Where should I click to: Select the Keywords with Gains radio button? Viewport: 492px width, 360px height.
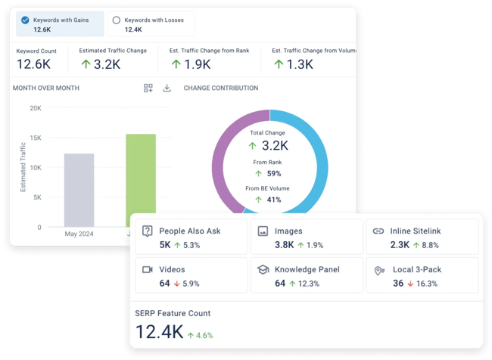(26, 20)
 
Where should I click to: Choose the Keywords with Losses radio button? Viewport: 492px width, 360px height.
(116, 20)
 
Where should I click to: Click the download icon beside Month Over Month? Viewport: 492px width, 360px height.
(167, 88)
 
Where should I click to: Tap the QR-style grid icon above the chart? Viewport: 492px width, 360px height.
(148, 88)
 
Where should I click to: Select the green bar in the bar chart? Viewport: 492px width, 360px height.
(141, 178)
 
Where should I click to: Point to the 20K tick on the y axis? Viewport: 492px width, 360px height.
(36, 108)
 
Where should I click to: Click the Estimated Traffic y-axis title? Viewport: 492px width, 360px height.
(23, 167)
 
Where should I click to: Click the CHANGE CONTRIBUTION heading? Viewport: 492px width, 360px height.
(221, 88)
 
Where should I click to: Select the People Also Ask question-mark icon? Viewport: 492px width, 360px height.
(148, 231)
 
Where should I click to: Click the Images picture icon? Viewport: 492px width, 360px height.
(263, 231)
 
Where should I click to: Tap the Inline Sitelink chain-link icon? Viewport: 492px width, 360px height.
(378, 231)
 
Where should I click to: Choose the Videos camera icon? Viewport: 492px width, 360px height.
(148, 269)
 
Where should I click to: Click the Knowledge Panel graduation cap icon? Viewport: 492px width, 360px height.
(263, 269)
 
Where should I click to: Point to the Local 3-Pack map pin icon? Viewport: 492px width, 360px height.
(378, 269)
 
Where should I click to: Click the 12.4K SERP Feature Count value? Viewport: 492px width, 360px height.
(158, 332)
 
